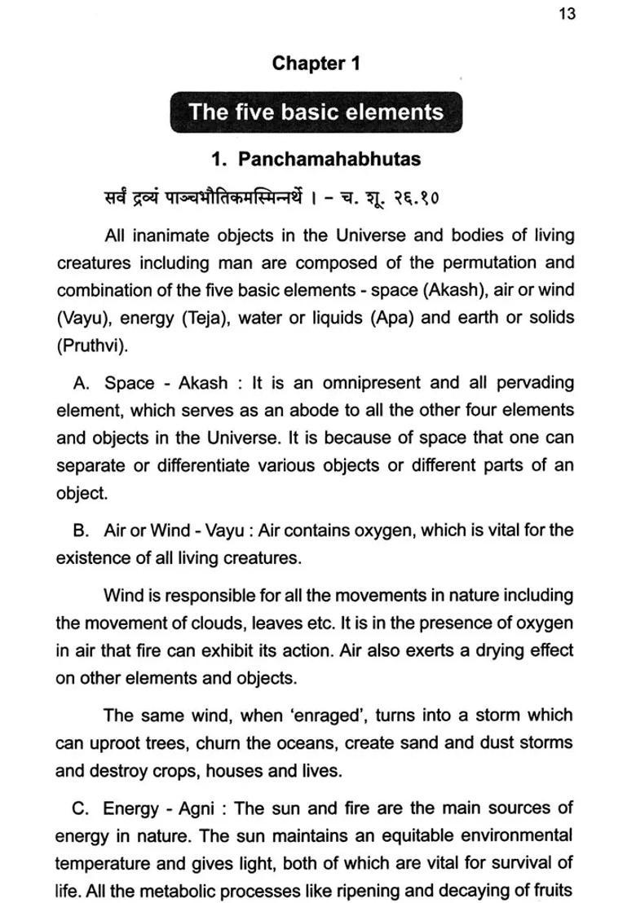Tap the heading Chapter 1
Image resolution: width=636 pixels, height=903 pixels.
pos(316,63)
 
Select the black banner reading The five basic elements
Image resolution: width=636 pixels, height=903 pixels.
pos(316,112)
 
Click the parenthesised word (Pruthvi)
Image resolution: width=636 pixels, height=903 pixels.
pos(92,345)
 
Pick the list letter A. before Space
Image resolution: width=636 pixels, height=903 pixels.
pos(81,383)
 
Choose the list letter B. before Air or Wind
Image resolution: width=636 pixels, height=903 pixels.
pos(81,531)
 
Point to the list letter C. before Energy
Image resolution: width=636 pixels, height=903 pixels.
pos(80,809)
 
